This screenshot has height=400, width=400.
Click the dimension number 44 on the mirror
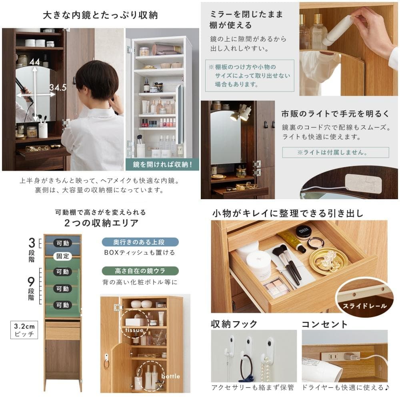pos(35,62)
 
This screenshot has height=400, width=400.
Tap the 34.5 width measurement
pos(58,88)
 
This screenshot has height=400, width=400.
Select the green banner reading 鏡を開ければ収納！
pos(162,164)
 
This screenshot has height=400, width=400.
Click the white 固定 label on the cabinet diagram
pos(62,256)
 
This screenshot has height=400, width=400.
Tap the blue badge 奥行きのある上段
pos(140,242)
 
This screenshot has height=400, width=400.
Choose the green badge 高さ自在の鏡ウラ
pos(140,271)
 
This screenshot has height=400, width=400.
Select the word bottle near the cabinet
pos(170,376)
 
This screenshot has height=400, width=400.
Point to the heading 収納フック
pos(234,324)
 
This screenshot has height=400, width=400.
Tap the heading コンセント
pos(324,324)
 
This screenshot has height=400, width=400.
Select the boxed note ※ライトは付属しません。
pos(335,152)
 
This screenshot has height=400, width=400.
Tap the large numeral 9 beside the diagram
pos(31,282)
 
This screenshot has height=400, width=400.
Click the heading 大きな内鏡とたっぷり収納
pos(100,15)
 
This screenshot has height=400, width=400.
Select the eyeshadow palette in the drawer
pos(276,287)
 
